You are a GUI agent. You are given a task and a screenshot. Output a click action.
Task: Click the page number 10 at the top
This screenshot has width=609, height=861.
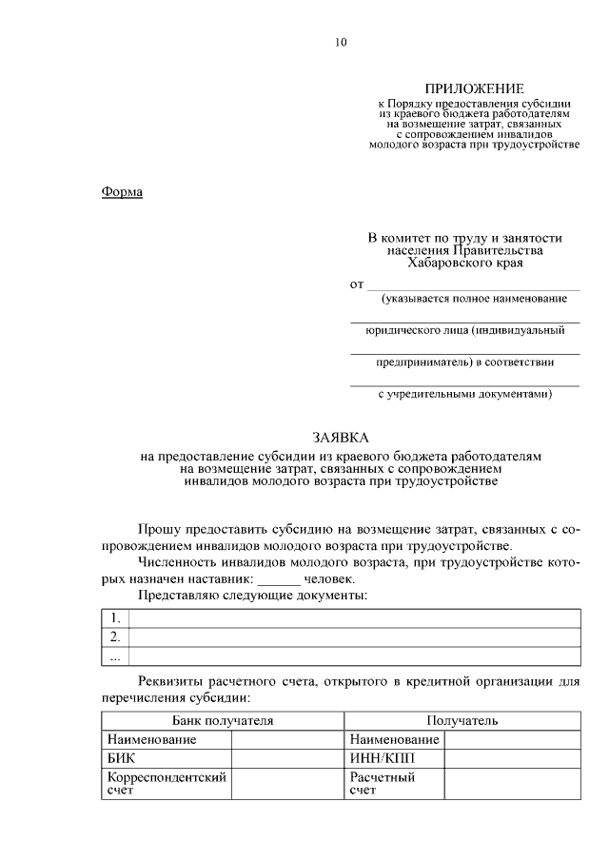click(x=342, y=42)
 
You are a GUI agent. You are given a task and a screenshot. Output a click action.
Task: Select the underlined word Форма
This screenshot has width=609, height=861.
click(x=122, y=192)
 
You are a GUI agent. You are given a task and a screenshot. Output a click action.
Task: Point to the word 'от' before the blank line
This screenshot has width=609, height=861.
click(x=357, y=284)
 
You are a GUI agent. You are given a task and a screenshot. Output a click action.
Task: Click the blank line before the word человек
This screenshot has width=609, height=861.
click(x=278, y=577)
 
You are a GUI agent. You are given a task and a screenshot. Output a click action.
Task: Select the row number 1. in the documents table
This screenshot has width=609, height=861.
click(x=115, y=618)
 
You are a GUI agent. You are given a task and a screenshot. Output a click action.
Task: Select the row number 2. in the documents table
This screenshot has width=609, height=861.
click(x=115, y=636)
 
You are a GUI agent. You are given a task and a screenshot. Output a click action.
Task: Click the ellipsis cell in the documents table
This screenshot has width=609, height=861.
click(x=115, y=656)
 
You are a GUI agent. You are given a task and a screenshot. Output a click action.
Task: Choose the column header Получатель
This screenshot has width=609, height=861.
click(x=462, y=721)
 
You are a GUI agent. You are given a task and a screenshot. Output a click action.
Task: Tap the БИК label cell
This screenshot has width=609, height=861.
click(x=167, y=758)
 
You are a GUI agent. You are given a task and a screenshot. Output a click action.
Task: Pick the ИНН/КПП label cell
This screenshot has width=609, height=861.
click(x=394, y=758)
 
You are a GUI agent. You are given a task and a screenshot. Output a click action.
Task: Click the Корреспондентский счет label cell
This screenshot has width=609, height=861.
click(x=167, y=783)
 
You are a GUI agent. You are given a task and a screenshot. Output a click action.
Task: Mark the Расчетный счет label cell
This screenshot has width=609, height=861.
click(x=394, y=783)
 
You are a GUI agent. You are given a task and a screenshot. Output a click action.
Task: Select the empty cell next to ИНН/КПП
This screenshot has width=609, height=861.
click(x=512, y=758)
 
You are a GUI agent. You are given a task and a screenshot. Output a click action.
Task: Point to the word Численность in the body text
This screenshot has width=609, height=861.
click(x=180, y=561)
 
